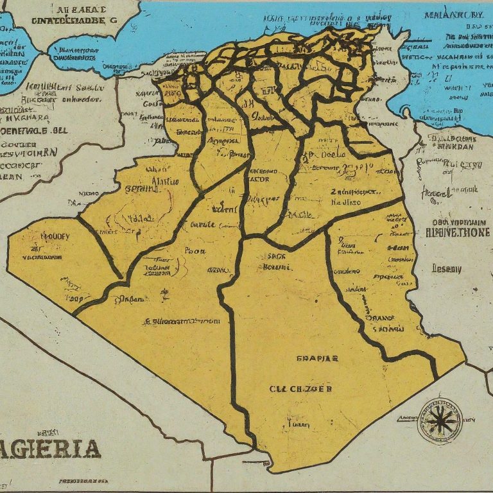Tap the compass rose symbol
click(440, 420)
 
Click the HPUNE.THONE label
click(449, 232)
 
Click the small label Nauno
click(89, 192)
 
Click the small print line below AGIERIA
click(83, 480)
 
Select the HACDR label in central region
click(262, 179)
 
